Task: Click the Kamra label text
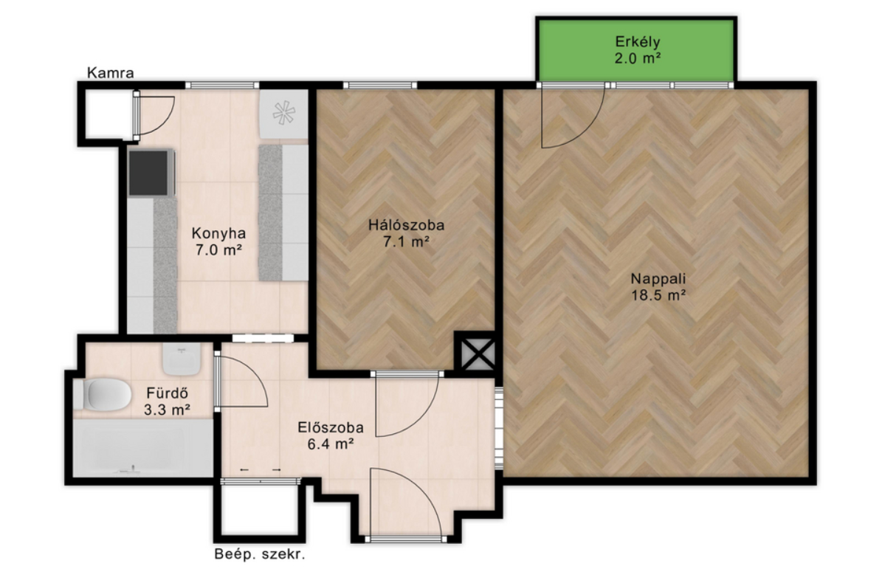coord(111,73)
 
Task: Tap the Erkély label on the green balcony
coord(637,41)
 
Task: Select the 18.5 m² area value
coord(658,295)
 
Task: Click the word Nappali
coord(658,279)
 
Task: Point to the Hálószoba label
coord(406,226)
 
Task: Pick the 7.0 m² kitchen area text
coord(218,249)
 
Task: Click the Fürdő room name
coord(167,393)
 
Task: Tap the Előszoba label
coord(330,428)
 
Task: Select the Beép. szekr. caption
coord(260,554)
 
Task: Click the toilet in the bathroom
coord(102,395)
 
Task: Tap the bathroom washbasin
coord(181,360)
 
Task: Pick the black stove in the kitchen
coord(151,172)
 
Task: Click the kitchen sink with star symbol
coord(283,114)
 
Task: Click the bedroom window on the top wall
coord(380,86)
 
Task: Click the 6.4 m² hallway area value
coord(330,444)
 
